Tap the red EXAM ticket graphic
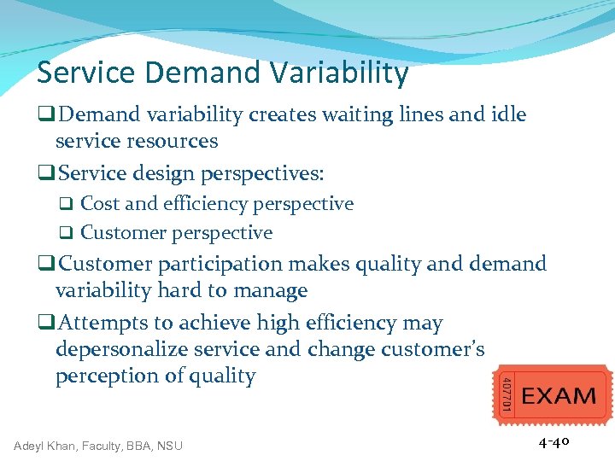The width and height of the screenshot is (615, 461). pyautogui.click(x=553, y=395)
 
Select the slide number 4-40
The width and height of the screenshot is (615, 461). pyautogui.click(x=553, y=442)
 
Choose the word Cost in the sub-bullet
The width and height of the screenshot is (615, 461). pyautogui.click(x=100, y=204)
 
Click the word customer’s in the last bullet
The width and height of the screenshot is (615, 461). pyautogui.click(x=435, y=350)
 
